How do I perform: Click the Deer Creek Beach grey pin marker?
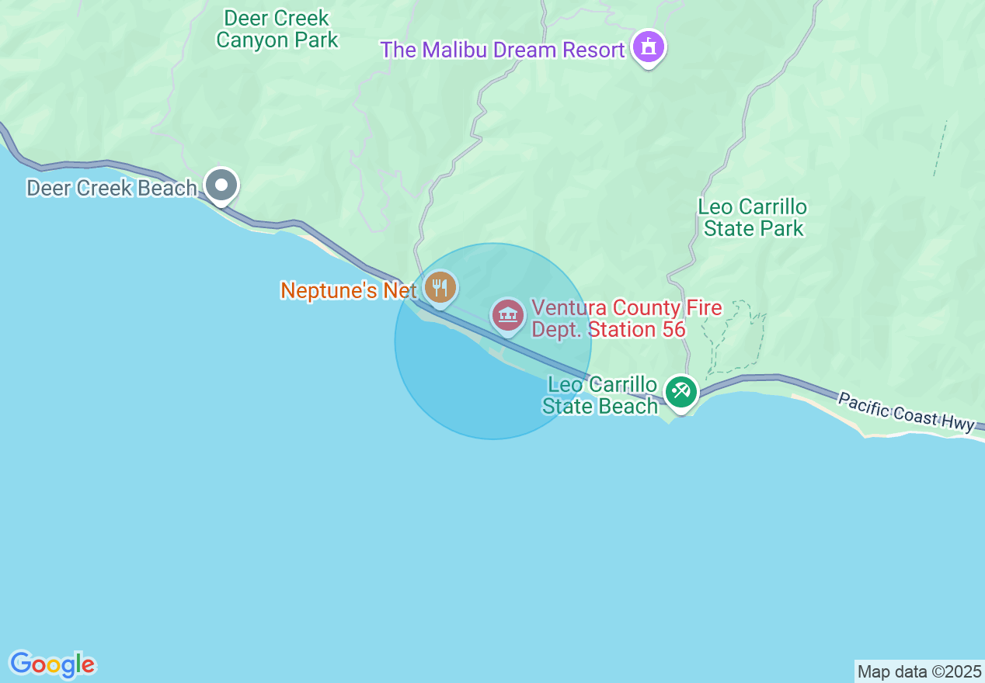(221, 185)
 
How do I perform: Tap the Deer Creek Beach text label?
(111, 188)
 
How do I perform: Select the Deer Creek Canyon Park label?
(277, 29)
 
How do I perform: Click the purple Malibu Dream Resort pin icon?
(649, 47)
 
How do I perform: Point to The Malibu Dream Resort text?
(503, 50)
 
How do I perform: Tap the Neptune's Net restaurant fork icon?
(440, 288)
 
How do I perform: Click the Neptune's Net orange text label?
(349, 291)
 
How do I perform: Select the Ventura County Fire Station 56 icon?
(508, 316)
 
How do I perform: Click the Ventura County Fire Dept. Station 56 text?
(626, 319)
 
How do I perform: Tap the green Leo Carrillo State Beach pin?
(681, 391)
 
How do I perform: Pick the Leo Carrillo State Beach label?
(601, 396)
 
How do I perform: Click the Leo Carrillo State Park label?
(753, 218)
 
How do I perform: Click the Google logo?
(52, 664)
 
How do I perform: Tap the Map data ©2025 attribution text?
(919, 671)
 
